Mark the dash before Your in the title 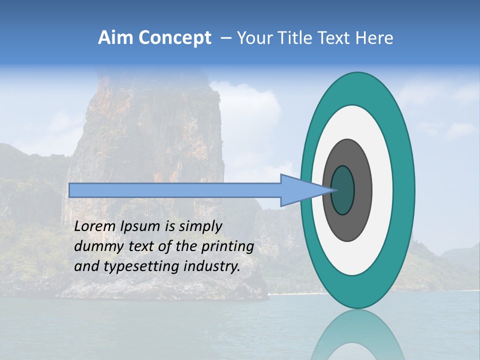(225, 38)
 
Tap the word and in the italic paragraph (86, 266)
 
